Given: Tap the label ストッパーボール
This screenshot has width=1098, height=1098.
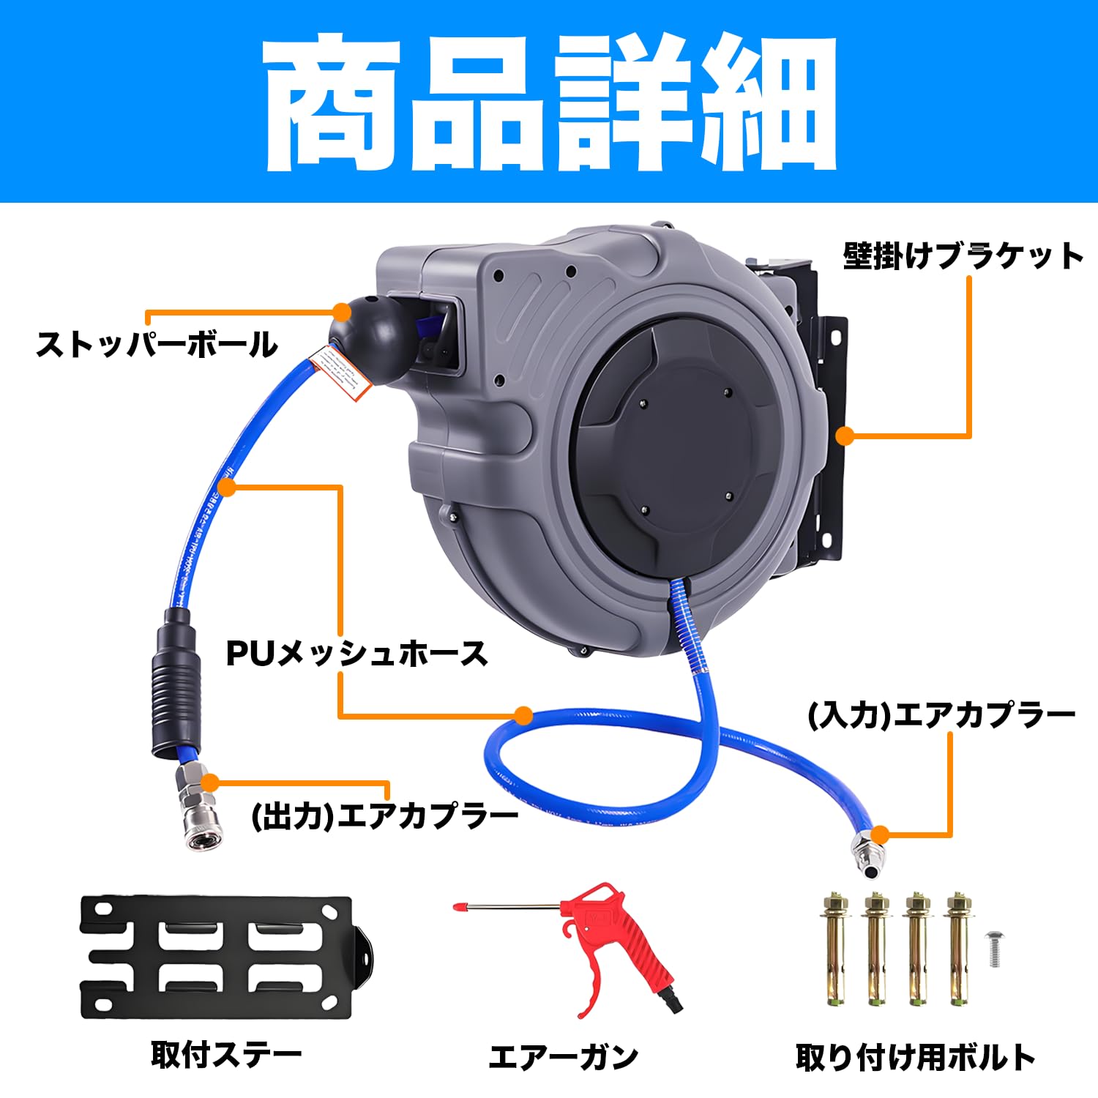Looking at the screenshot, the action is (x=157, y=344).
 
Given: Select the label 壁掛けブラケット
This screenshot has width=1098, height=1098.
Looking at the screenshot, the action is (x=963, y=256).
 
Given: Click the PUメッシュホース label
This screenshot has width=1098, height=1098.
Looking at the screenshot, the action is (x=356, y=653).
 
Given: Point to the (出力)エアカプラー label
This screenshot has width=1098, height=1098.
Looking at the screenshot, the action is (x=385, y=815).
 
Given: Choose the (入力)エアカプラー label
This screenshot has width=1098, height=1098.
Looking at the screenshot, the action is (x=941, y=714).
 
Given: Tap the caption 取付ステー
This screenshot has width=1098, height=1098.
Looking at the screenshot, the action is (x=226, y=1055).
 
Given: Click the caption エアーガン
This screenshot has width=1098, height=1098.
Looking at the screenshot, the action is (x=563, y=1057).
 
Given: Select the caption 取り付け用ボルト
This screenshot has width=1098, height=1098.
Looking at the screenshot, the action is (x=915, y=1057).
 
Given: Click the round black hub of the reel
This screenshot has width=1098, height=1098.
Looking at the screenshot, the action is (x=684, y=447).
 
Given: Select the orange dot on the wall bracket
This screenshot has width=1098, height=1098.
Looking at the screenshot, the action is (x=845, y=436).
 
